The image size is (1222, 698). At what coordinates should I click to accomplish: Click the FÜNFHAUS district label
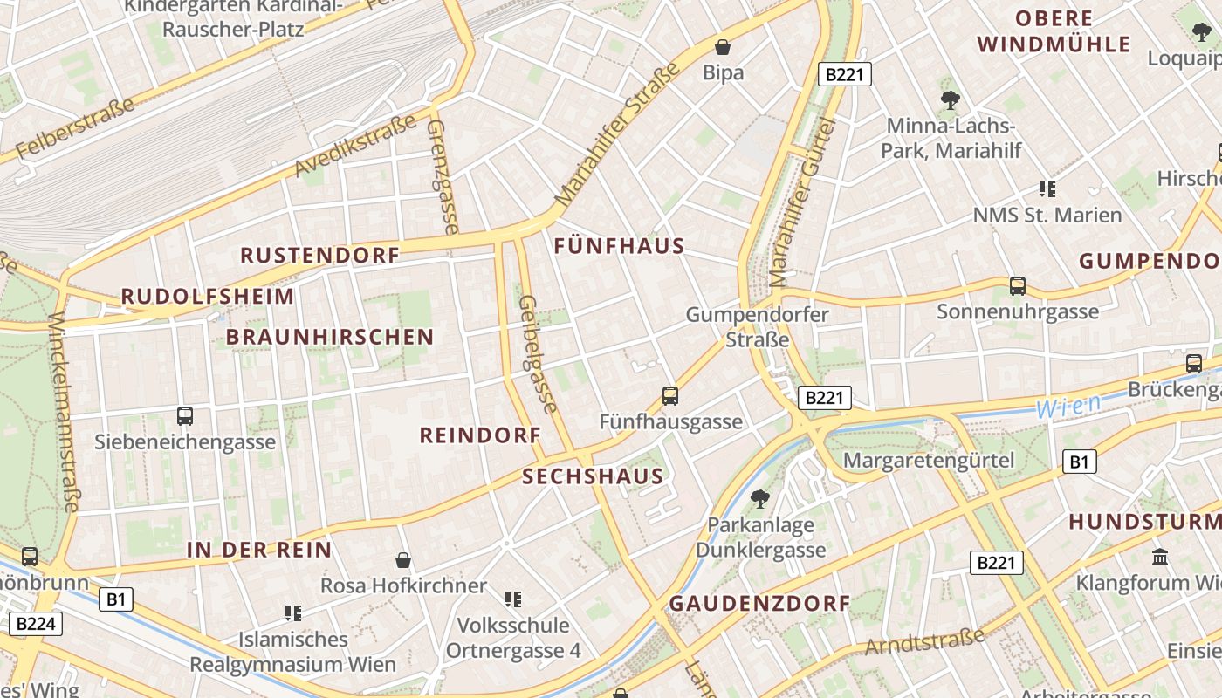(619, 246)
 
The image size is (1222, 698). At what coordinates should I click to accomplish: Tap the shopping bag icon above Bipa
(723, 46)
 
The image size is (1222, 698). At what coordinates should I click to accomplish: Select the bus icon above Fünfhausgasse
(669, 396)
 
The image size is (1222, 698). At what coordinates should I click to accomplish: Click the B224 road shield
(35, 623)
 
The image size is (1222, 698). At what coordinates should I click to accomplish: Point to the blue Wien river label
(1068, 406)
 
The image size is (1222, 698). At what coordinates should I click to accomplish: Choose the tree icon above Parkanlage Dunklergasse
(759, 499)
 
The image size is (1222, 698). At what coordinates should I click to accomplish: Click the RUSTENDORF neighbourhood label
(319, 255)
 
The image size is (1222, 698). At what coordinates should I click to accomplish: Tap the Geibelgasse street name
(537, 353)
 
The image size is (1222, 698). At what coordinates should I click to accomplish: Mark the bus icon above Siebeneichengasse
(184, 416)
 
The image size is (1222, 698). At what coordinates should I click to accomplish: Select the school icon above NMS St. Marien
(1047, 188)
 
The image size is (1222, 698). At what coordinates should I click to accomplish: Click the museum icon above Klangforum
(1160, 557)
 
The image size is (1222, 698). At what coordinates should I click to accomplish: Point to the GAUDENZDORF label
(759, 603)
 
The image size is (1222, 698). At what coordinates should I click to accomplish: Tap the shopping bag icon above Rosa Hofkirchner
(403, 559)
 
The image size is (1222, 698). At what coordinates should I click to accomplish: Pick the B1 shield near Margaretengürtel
(1079, 462)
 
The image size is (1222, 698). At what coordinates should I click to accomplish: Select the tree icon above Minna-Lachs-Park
(951, 100)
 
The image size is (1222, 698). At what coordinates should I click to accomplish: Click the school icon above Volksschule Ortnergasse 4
(513, 599)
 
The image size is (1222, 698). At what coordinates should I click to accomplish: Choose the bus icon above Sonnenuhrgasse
(1017, 285)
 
